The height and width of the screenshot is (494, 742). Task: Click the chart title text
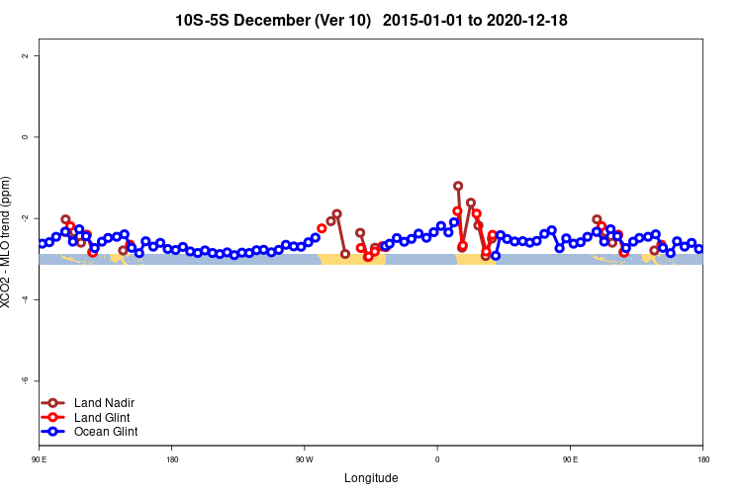tap(371, 20)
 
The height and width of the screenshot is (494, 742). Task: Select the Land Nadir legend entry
tap(97, 403)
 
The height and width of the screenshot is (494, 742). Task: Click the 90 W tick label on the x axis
tap(304, 459)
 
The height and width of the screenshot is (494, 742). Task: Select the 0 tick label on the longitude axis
tap(437, 459)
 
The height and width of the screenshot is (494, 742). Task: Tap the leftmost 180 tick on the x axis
tap(172, 459)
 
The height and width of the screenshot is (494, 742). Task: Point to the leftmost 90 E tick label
tap(40, 459)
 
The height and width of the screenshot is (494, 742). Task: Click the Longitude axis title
tap(371, 478)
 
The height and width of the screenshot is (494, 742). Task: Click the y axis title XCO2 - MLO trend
tap(9, 242)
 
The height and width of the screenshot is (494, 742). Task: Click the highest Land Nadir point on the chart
tap(458, 186)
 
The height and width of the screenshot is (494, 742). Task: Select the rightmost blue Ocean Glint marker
tap(698, 249)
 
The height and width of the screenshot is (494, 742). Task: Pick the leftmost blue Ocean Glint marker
tap(42, 243)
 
